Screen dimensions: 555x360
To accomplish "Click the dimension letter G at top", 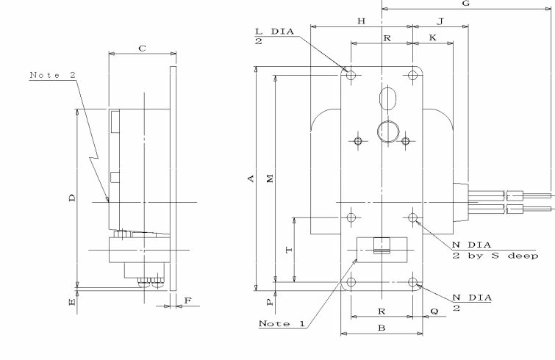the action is (x=466, y=4).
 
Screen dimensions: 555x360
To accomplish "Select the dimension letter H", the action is (x=361, y=21).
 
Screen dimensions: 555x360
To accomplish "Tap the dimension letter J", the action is (x=440, y=21).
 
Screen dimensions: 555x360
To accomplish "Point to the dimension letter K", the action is (x=432, y=38).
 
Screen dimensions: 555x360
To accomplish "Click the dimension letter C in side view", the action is (x=143, y=48).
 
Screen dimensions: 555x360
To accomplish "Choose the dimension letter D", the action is (x=72, y=198).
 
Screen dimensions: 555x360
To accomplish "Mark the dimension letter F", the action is (x=188, y=300).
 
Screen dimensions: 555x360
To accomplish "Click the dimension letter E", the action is (x=72, y=302).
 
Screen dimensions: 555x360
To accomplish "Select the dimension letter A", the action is (x=251, y=179).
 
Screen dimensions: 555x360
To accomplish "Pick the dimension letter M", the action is (x=270, y=179).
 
